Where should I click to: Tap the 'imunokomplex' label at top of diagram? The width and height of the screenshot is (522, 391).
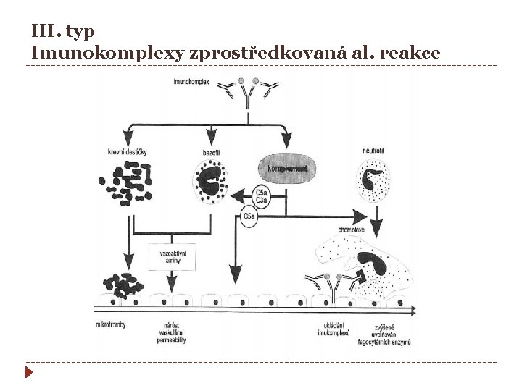(x=192, y=83)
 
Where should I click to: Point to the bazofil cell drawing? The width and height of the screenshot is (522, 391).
(x=212, y=183)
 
